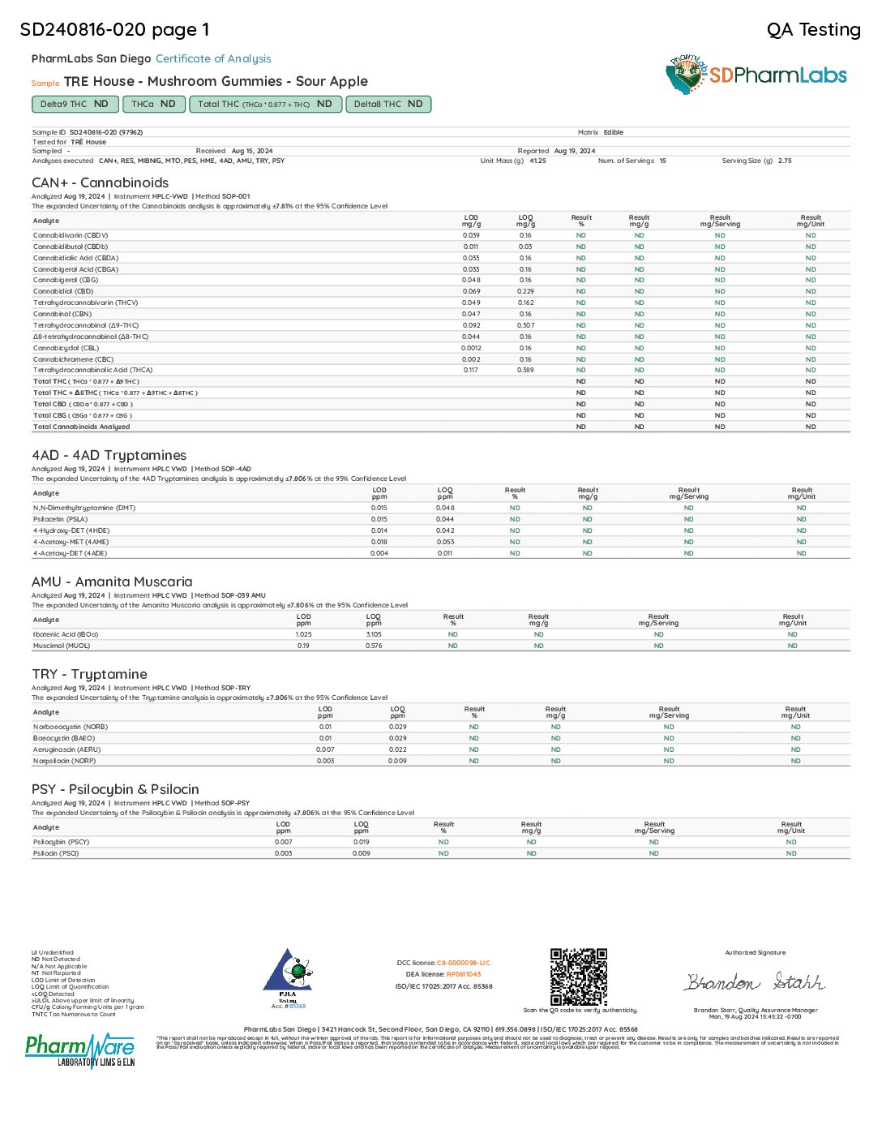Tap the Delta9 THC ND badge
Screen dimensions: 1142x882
[74, 104]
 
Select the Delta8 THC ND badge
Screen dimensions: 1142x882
[388, 104]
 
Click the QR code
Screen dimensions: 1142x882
[579, 977]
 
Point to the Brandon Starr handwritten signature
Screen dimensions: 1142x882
[754, 982]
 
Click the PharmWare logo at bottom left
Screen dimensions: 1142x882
[80, 1050]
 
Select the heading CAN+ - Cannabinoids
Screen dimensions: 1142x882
[101, 182]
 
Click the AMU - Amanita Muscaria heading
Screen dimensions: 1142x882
[112, 582]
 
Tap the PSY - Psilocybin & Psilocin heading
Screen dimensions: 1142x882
[115, 789]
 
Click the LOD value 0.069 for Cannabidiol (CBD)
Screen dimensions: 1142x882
[471, 291]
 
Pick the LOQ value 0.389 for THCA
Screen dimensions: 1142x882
[525, 370]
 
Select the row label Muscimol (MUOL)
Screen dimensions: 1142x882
[62, 646]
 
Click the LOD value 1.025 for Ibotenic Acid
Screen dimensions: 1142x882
[303, 634]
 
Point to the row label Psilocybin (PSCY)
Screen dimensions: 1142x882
[61, 842]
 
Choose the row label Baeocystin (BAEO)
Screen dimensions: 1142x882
[64, 738]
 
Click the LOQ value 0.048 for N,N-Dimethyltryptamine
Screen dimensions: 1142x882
[445, 508]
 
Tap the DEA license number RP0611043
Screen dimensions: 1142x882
[463, 974]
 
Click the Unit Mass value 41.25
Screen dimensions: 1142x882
[537, 161]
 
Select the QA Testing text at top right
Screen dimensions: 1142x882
[813, 30]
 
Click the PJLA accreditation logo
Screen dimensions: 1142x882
[288, 978]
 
